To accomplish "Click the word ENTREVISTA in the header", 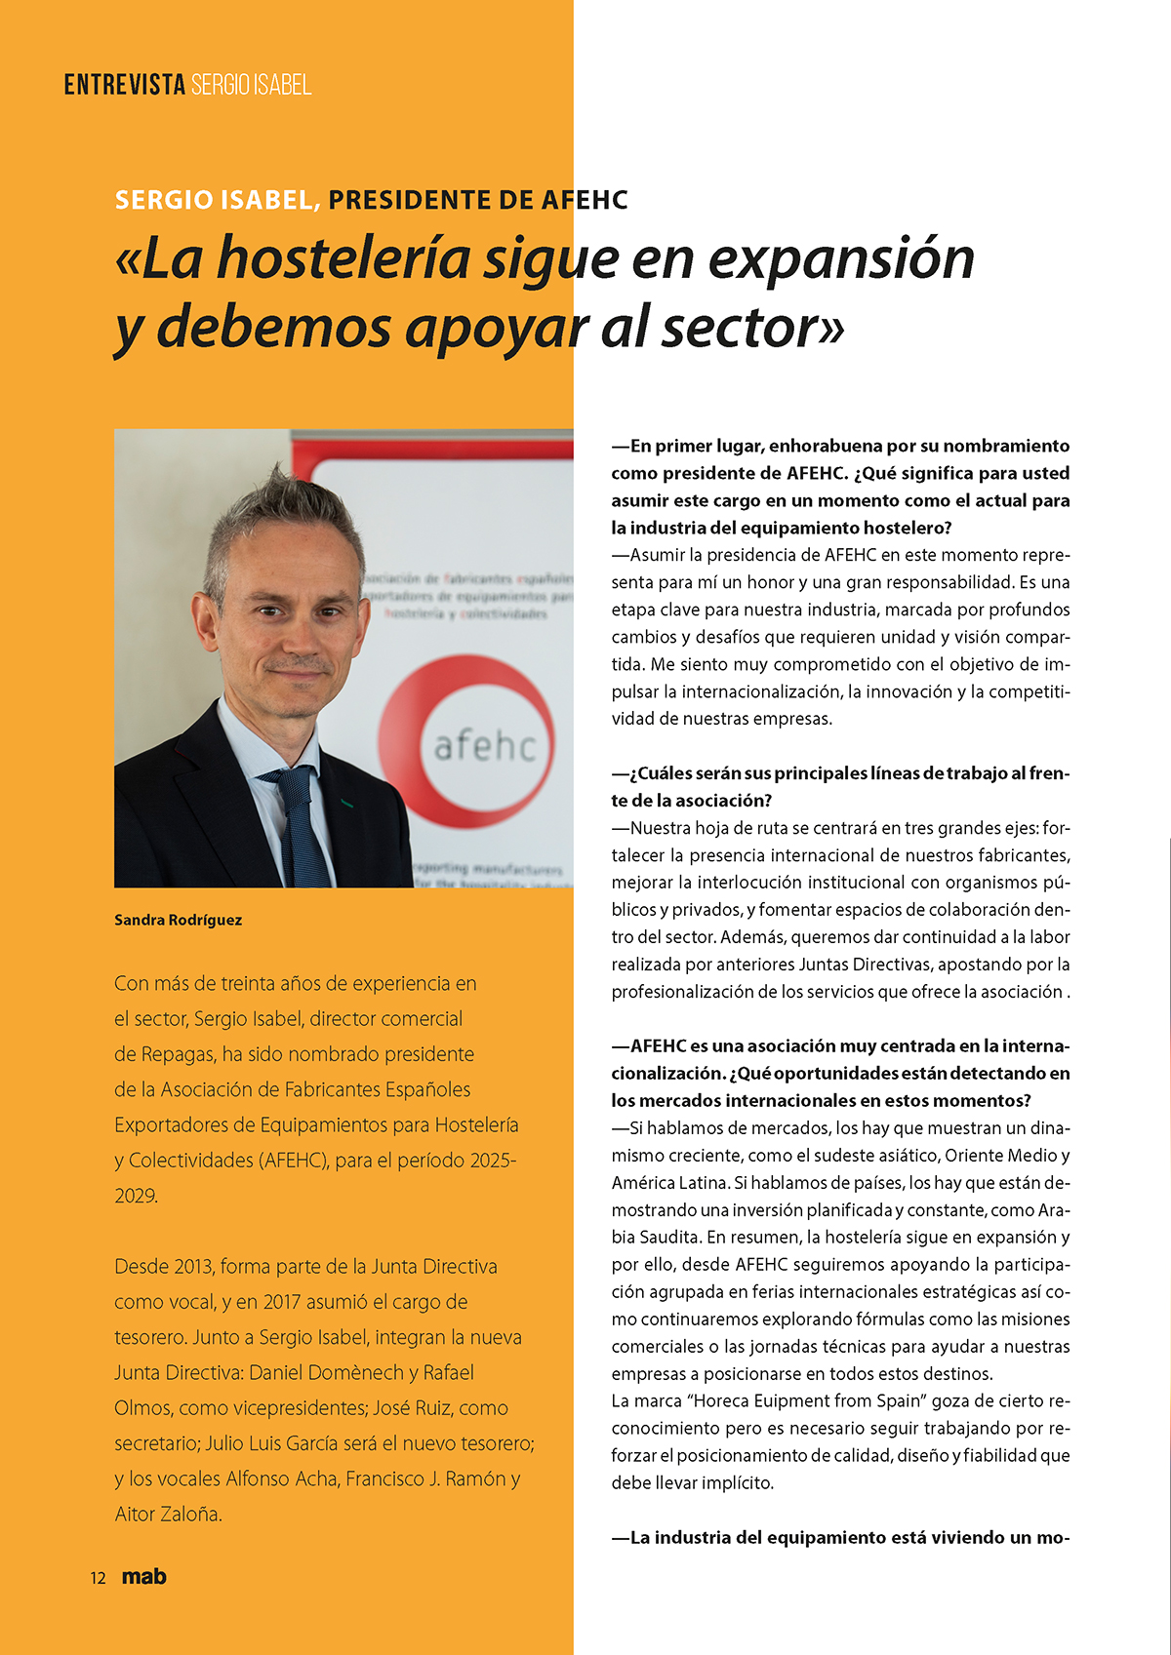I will point(125,85).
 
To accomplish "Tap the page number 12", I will point(98,1578).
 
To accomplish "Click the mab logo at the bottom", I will point(144,1576).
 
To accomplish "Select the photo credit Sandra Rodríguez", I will point(178,920).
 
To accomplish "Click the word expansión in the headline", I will point(841,258).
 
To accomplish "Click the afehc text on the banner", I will point(484,747).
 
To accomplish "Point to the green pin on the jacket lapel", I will point(347,804).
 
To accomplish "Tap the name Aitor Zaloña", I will point(168,1515).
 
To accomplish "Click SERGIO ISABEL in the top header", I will point(251,85).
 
